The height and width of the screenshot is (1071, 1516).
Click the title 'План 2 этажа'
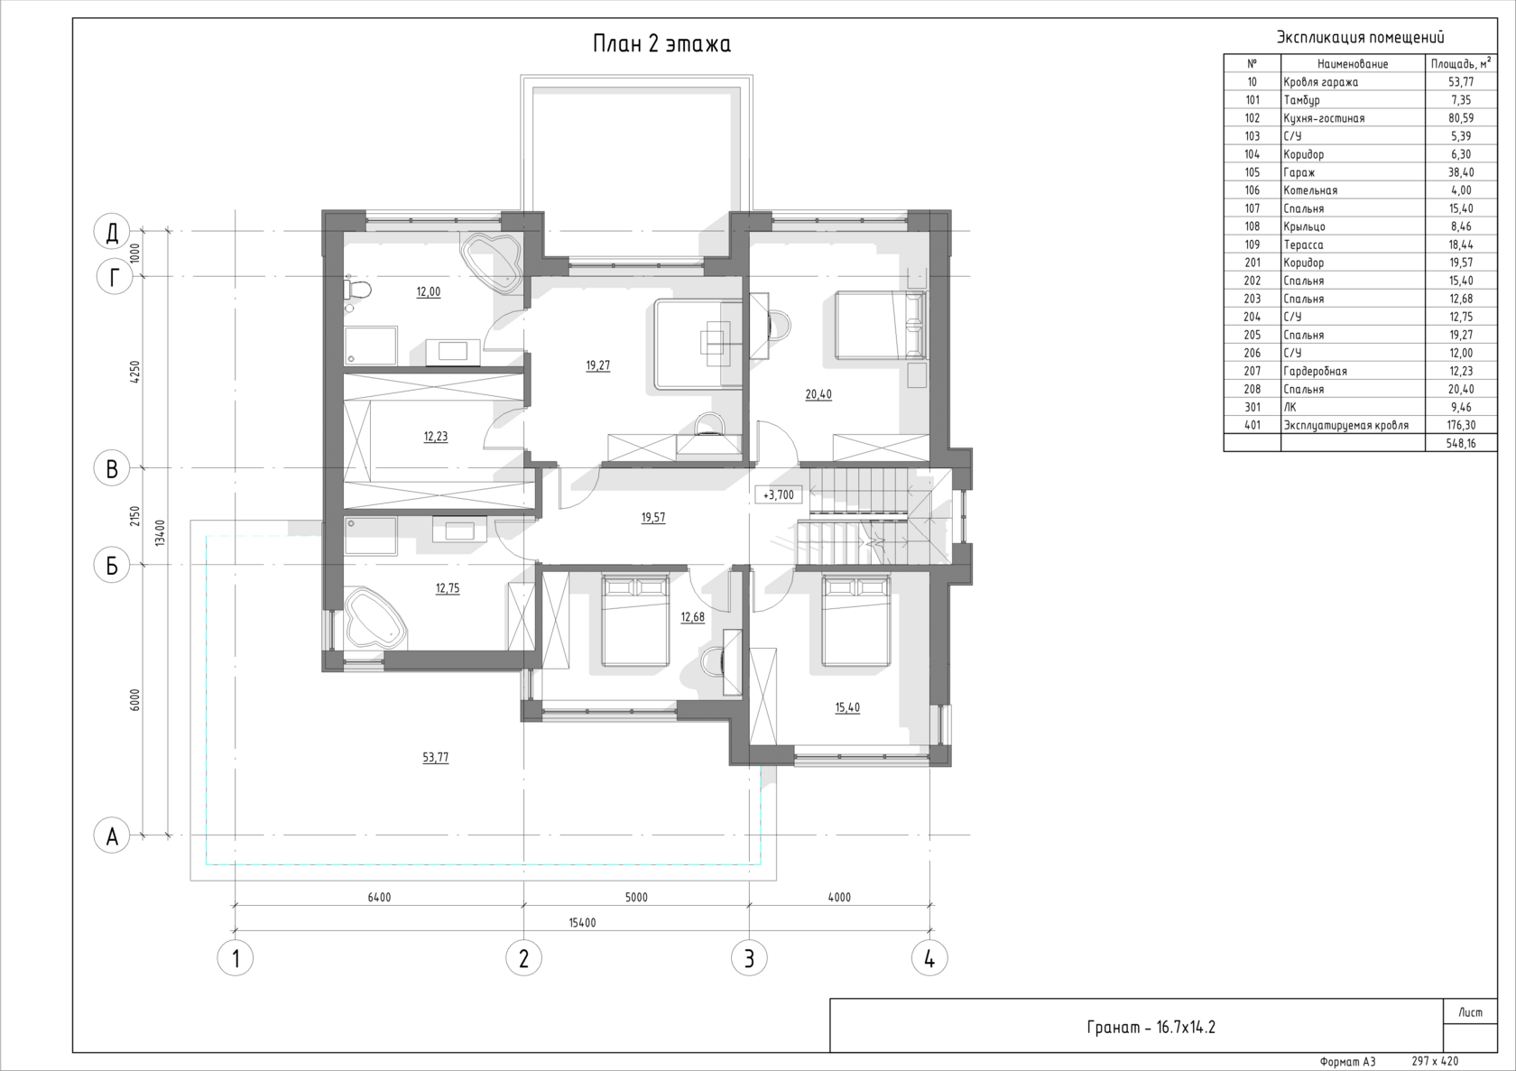pyautogui.click(x=661, y=44)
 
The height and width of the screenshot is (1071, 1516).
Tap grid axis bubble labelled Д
pyautogui.click(x=112, y=231)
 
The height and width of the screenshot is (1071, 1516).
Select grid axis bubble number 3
pyautogui.click(x=749, y=958)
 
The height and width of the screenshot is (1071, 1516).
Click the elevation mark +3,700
pyautogui.click(x=778, y=494)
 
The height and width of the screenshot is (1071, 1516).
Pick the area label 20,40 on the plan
pyautogui.click(x=818, y=394)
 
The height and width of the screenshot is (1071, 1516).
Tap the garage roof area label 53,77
pyautogui.click(x=435, y=758)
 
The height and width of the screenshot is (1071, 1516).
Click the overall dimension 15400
pyautogui.click(x=582, y=923)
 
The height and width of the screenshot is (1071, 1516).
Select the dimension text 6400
pyautogui.click(x=379, y=898)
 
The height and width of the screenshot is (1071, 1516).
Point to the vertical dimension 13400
pyautogui.click(x=160, y=532)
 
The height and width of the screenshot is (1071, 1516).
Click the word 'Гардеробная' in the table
pyautogui.click(x=1315, y=371)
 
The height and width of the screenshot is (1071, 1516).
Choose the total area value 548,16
pyautogui.click(x=1461, y=443)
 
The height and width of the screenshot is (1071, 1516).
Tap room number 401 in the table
pyautogui.click(x=1253, y=425)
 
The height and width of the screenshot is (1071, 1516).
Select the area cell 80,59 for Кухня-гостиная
pyautogui.click(x=1461, y=117)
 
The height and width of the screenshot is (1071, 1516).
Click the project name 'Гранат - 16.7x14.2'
pyautogui.click(x=1151, y=1027)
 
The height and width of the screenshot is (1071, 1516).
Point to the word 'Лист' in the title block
pyautogui.click(x=1470, y=1012)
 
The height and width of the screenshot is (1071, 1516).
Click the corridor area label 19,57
pyautogui.click(x=653, y=518)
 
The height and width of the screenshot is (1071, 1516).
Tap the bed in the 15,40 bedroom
pyautogui.click(x=855, y=621)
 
